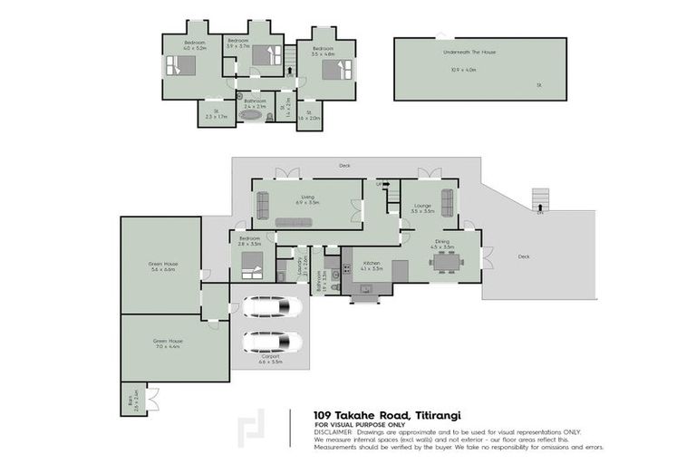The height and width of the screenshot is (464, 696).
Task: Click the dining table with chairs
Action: pos(447,261)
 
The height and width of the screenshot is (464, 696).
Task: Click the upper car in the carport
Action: pos(272,307)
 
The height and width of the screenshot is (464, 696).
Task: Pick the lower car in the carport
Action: pos(272,342)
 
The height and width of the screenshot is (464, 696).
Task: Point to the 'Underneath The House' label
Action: pos(469,53)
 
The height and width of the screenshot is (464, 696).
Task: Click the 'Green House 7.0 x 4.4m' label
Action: pos(169,343)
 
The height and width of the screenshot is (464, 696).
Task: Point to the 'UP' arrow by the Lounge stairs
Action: pos(383,184)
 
